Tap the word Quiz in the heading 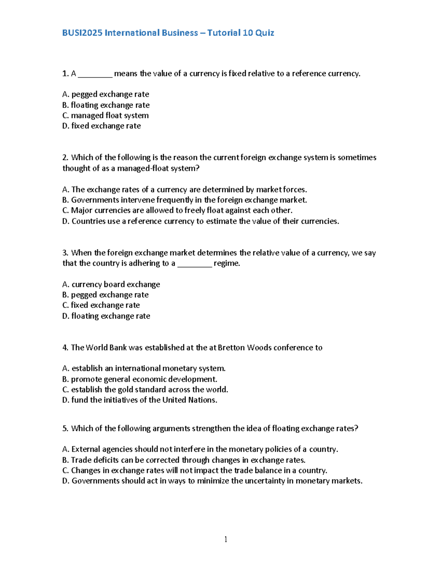click(265, 33)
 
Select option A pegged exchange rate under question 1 click(106, 94)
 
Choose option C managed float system click(106, 116)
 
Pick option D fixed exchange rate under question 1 click(102, 126)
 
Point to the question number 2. click(65, 157)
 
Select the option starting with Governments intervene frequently click(184, 200)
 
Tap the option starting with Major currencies click(178, 210)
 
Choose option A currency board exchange click(111, 284)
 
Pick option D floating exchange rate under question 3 click(106, 316)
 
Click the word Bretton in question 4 click(231, 348)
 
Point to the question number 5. click(65, 429)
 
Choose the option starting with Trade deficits click(184, 460)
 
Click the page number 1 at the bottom click(226, 539)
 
